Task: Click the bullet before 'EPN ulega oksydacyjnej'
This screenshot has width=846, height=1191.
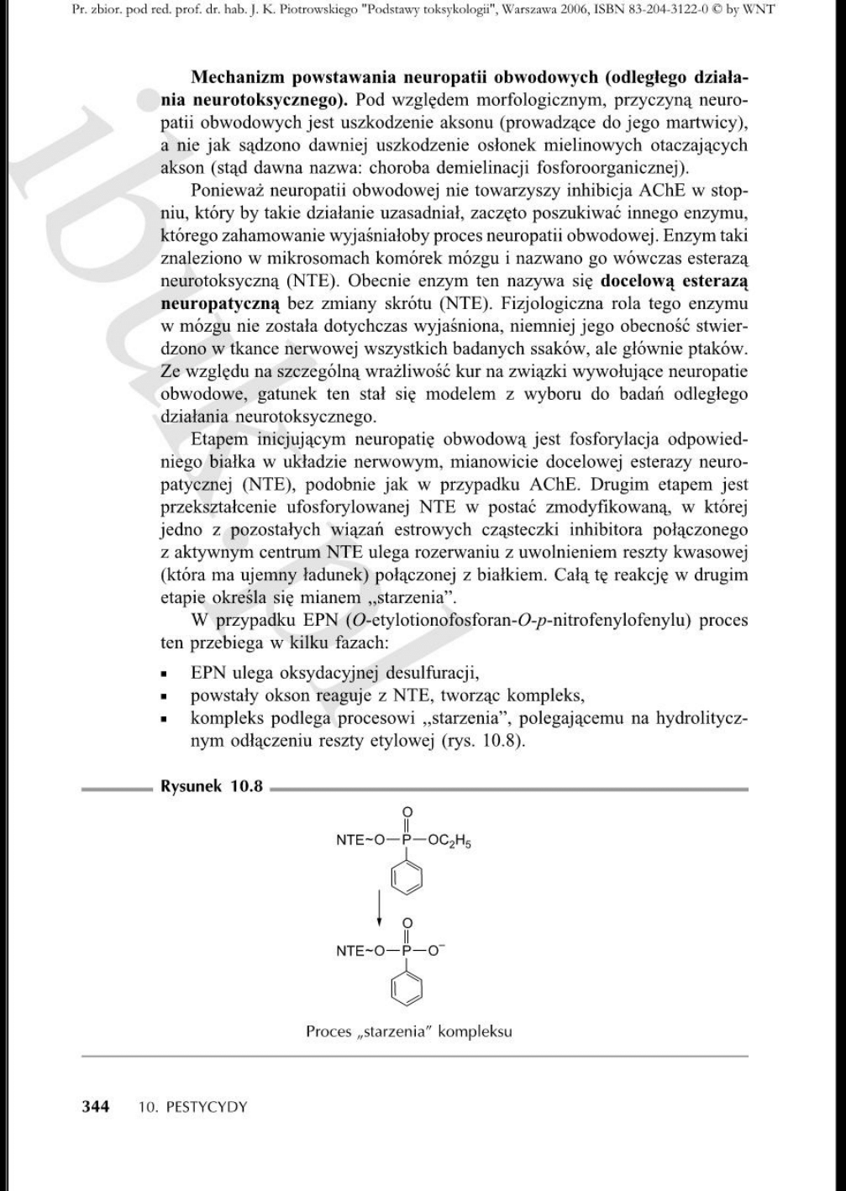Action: point(169,674)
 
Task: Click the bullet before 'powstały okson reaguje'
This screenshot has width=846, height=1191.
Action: point(169,696)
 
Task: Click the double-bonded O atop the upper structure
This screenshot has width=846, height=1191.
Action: point(407,811)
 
